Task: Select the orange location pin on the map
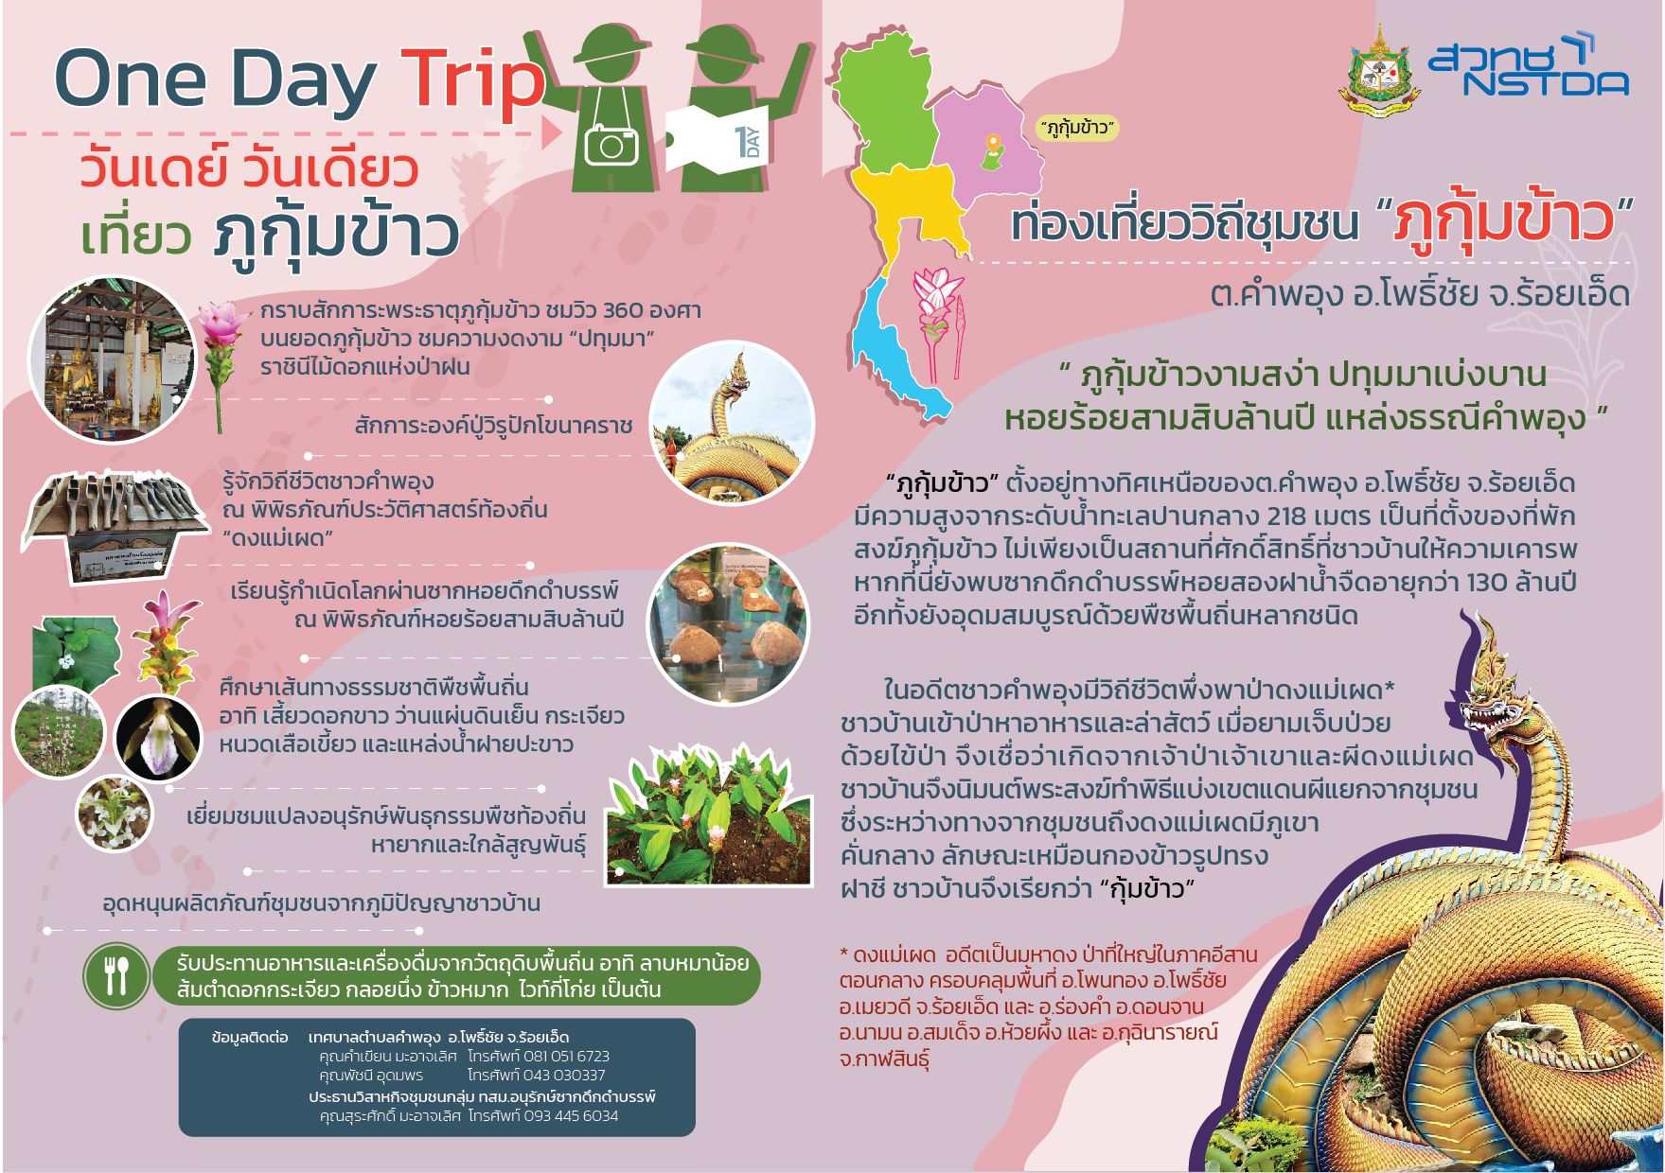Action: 992,145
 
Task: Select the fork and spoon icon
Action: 118,973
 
